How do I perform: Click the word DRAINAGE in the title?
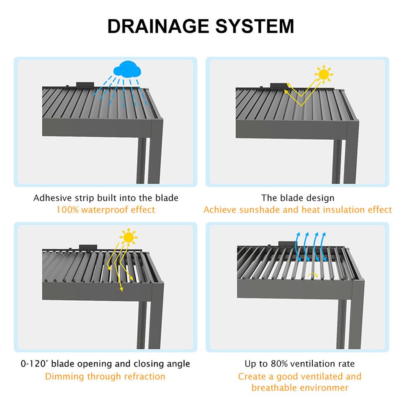158,26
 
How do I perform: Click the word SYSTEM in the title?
255,26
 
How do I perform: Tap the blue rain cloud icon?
127,69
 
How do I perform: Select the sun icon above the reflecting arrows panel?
324,75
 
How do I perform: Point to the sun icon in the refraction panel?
129,237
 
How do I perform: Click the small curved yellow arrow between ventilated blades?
313,275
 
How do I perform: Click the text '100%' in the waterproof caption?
67,210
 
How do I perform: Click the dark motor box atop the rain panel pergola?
85,84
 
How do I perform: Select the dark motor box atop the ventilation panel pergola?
287,244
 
